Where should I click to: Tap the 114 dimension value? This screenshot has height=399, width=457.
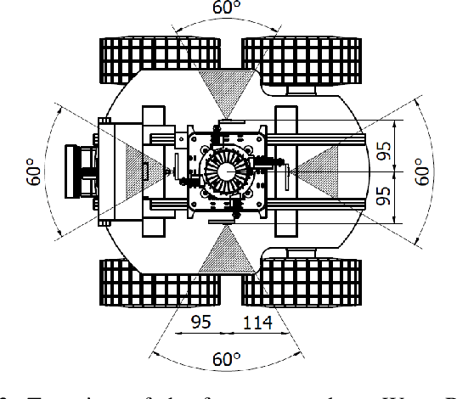tap(258, 323)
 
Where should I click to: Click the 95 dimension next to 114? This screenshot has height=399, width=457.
tap(200, 323)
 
